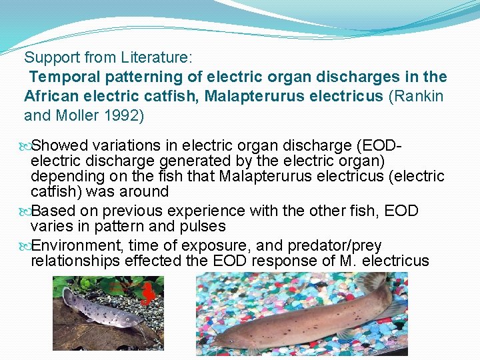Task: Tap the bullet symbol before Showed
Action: pos(26,145)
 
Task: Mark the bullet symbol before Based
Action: pos(26,211)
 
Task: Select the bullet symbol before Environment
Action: pos(26,245)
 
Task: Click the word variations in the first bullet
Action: pos(125,145)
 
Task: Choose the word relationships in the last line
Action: pos(75,260)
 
